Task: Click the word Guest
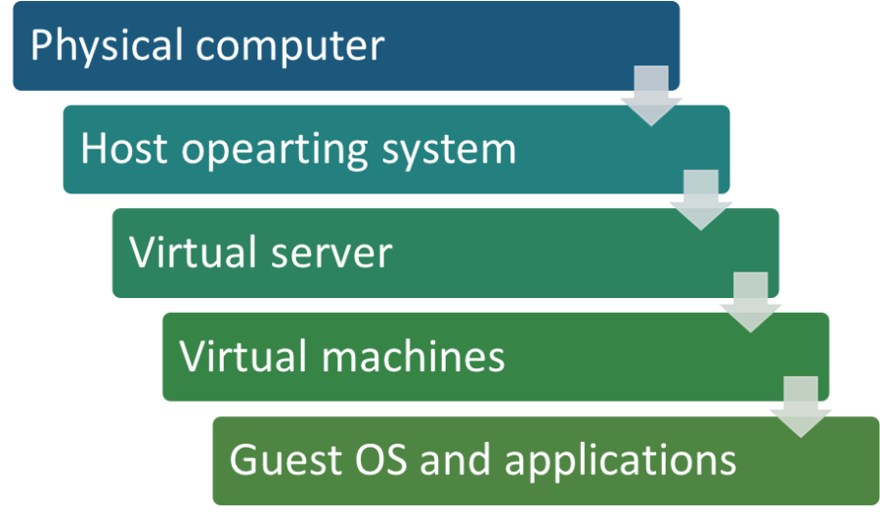pos(277,460)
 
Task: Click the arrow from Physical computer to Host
pos(650,96)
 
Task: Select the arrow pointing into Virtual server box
pos(700,200)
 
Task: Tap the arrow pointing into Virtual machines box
pos(751,303)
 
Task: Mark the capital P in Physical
pos(42,46)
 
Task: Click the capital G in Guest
pos(242,460)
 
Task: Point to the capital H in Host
pos(93,150)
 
